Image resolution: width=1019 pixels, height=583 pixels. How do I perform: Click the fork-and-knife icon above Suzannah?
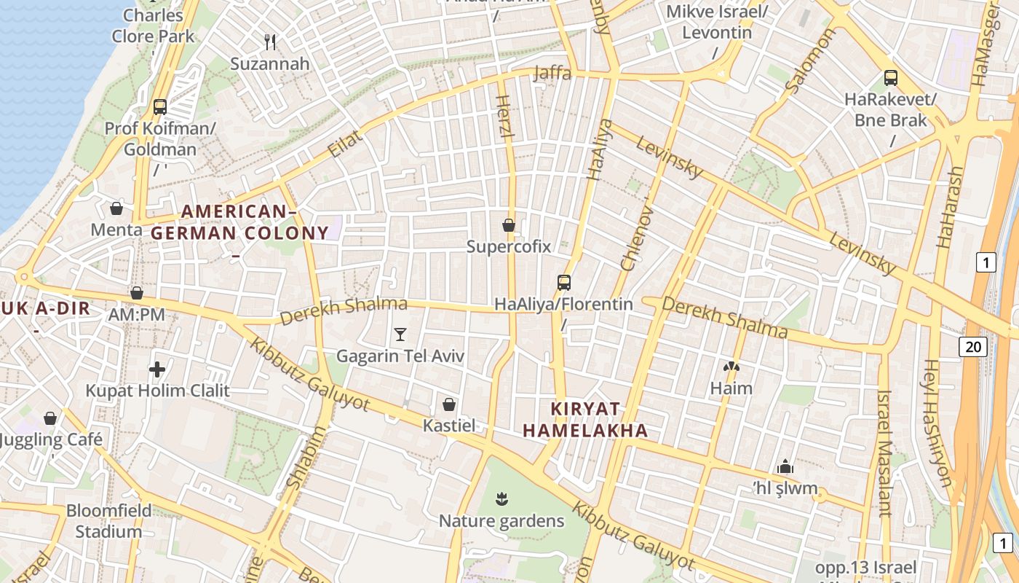271,42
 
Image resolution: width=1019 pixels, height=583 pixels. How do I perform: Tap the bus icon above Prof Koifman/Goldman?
160,107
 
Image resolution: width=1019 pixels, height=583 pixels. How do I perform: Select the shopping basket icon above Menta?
116,209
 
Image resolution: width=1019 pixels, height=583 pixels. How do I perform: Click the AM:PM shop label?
136,315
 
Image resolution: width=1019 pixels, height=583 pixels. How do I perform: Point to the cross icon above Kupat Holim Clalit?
157,369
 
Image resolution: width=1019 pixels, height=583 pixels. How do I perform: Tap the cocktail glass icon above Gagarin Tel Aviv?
400,334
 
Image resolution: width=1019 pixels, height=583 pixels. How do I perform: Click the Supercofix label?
509,246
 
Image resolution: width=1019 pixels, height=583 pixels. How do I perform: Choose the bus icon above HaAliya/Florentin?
563,283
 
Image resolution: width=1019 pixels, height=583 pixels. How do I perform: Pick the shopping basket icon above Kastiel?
450,404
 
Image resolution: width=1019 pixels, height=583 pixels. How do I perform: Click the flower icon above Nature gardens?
501,499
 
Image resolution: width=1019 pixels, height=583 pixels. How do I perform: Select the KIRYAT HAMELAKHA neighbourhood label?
585,419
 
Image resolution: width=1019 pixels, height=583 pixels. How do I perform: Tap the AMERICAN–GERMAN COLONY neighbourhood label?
239,223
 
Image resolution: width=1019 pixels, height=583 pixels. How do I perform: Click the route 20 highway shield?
974,347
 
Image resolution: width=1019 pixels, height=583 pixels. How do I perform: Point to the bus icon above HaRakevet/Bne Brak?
890,78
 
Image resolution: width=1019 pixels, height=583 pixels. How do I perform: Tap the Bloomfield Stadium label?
109,520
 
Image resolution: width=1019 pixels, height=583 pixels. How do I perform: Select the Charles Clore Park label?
154,26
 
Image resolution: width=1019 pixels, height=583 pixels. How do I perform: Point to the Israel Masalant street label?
884,453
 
